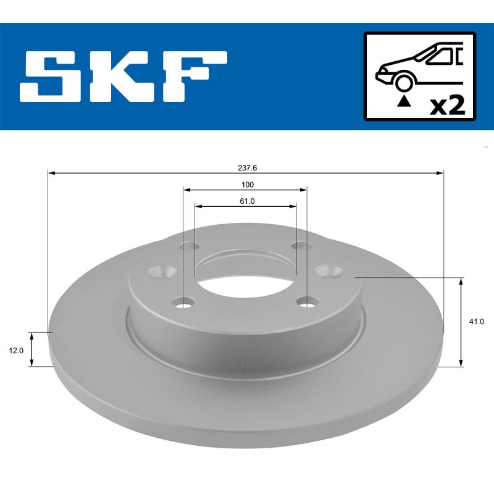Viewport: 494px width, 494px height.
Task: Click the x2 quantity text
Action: (446, 106)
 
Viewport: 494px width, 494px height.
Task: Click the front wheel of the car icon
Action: (404, 82)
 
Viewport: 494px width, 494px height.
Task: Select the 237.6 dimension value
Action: (246, 167)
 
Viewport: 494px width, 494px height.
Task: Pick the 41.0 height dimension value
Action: (477, 322)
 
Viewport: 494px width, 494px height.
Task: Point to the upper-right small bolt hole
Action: (301, 246)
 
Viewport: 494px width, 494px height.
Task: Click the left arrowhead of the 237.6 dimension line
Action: (51, 174)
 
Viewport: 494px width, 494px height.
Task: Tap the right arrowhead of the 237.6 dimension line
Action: (441, 174)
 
